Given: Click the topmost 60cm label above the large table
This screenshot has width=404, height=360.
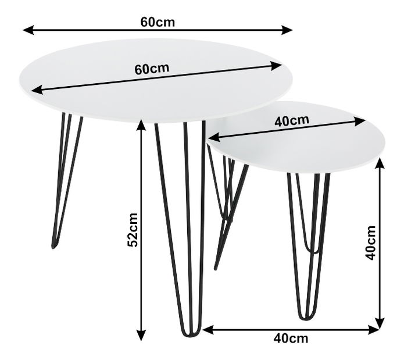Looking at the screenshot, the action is (x=158, y=22).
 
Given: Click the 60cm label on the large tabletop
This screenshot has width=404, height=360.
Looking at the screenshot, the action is (x=152, y=69).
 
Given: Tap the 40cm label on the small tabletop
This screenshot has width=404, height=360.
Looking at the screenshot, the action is (x=291, y=120).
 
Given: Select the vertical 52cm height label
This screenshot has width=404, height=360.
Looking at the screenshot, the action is (x=133, y=230).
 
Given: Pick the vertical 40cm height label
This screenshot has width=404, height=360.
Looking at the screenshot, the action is (x=370, y=243).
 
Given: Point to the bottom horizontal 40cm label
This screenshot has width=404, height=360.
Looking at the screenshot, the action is (x=291, y=338).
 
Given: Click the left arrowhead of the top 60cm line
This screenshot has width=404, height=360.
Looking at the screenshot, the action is (x=28, y=30).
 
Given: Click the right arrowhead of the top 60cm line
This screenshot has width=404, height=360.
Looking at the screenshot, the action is (x=287, y=30).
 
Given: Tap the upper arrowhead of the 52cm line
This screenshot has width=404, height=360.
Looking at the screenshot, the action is (x=141, y=126).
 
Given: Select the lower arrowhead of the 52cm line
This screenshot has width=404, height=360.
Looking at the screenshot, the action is (x=141, y=335).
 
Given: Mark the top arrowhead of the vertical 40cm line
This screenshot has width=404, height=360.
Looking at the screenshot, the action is (x=380, y=163).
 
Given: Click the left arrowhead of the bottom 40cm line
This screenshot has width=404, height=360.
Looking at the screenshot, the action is (x=208, y=330).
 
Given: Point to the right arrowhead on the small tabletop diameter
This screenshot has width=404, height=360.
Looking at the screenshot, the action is (x=360, y=121).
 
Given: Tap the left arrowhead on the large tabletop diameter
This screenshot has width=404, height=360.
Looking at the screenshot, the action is (x=37, y=90).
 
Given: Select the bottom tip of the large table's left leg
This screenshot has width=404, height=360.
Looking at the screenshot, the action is (x=53, y=247).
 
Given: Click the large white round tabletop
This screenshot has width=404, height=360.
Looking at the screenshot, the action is (x=156, y=80).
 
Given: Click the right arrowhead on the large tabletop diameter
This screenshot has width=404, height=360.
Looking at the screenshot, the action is (x=276, y=66).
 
